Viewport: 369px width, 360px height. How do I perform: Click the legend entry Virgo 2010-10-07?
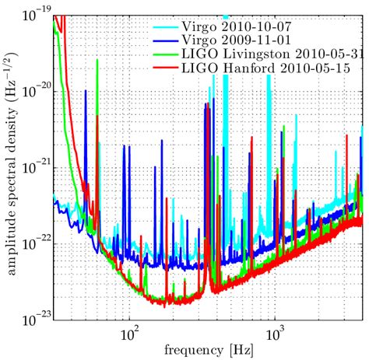point(234,23)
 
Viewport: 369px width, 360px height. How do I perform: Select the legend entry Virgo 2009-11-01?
point(234,38)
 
